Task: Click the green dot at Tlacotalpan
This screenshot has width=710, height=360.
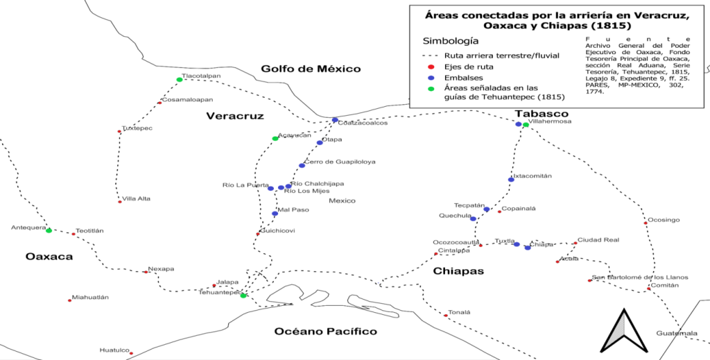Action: (180, 80)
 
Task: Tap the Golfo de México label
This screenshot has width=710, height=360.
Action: (311, 69)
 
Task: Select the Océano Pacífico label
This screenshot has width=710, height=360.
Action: (325, 331)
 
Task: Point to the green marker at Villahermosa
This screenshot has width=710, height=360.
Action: (526, 125)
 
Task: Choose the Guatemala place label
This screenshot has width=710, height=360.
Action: (677, 334)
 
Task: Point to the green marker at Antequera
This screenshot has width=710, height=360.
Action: (49, 230)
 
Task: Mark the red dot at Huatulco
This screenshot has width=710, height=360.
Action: (132, 353)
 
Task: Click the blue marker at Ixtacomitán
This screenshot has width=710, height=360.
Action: (511, 180)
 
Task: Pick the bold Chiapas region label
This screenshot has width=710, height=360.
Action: (458, 271)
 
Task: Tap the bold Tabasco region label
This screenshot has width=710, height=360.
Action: (542, 113)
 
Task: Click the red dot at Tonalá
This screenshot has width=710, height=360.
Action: (446, 316)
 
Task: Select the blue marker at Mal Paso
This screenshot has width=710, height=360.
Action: (275, 214)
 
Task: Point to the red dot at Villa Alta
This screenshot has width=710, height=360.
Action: (120, 202)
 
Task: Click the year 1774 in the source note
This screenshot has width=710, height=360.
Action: (595, 91)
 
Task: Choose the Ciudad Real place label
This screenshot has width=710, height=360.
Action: (598, 240)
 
